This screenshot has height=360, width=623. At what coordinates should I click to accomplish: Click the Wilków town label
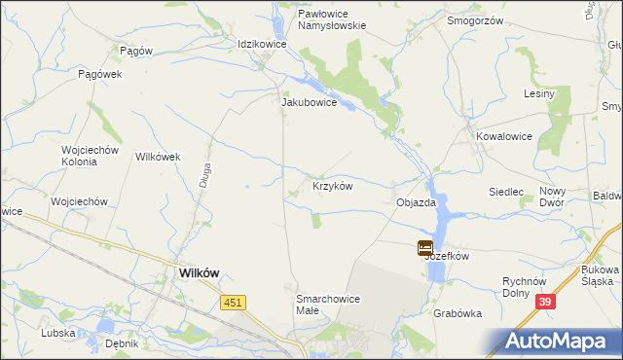tap(202, 273)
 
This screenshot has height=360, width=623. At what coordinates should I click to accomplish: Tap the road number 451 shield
tap(233, 304)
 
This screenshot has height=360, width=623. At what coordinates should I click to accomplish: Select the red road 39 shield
tap(545, 304)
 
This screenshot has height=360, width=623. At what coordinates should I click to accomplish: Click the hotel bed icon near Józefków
tap(425, 247)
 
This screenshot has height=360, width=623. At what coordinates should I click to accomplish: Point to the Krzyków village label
tap(332, 186)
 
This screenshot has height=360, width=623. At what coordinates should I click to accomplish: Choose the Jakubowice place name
tap(309, 101)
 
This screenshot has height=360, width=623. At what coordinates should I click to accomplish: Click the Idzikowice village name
tap(262, 44)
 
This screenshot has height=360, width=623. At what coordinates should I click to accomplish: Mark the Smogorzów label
tap(473, 19)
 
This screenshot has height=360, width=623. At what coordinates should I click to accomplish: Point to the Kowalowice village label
tap(504, 136)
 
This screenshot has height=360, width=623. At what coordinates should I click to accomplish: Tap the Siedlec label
tap(507, 192)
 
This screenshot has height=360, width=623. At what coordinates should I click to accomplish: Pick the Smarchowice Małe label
tap(327, 304)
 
